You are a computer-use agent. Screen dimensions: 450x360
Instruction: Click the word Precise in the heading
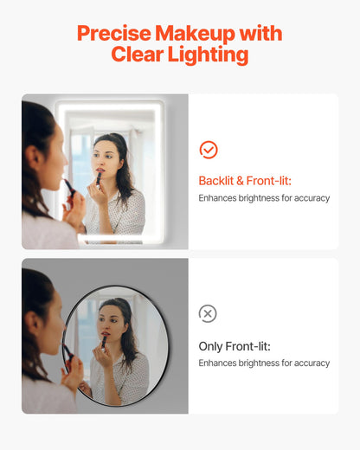[x=113, y=35]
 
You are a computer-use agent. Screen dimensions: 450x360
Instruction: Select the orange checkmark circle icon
[x=209, y=150]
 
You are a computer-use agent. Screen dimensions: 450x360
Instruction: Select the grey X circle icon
[x=208, y=313]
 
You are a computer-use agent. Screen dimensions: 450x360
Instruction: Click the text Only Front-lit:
[x=235, y=346]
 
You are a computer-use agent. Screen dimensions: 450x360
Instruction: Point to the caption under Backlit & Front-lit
[x=264, y=198]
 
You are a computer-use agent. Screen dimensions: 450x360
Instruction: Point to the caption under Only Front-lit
[x=264, y=363]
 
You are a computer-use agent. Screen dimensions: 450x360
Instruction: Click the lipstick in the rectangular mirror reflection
[x=99, y=177]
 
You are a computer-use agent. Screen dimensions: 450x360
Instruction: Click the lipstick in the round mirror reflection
[x=104, y=341]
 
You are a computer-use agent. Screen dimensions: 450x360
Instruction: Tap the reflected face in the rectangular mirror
[x=106, y=159]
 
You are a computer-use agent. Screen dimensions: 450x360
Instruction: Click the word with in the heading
[x=262, y=35]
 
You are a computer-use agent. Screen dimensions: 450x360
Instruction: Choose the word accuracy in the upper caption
[x=310, y=198]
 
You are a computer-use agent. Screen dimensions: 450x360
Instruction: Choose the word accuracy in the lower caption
[x=310, y=363]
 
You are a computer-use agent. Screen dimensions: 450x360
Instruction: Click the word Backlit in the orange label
[x=216, y=181]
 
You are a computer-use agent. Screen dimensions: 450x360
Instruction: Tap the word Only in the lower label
[x=210, y=346]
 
